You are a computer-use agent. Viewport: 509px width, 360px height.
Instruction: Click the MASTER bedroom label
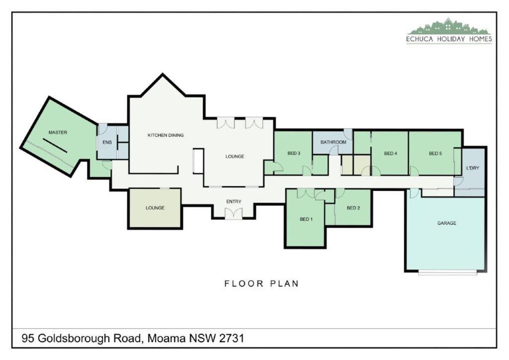click(58, 132)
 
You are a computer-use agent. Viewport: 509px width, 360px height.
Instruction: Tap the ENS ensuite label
click(107, 142)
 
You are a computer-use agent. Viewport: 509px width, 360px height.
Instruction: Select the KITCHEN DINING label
click(166, 135)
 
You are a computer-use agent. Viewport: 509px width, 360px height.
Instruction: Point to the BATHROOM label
click(334, 142)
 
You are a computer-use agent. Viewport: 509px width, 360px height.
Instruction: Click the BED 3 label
click(294, 153)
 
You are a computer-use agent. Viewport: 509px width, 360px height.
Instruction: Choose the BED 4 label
click(391, 153)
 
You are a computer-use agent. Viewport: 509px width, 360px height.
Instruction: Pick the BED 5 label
click(435, 153)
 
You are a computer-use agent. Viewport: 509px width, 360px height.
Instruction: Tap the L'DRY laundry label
click(473, 168)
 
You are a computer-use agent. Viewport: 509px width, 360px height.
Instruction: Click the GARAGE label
click(447, 223)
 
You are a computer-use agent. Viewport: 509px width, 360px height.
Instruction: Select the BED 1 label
click(306, 219)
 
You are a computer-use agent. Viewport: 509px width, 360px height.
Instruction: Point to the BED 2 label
click(353, 208)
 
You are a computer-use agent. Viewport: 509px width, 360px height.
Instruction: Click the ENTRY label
click(234, 201)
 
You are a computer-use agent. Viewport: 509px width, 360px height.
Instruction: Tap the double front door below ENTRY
click(234, 213)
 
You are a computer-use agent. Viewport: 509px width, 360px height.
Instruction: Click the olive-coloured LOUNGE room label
click(155, 208)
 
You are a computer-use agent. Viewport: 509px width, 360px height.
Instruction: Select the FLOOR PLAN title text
click(261, 284)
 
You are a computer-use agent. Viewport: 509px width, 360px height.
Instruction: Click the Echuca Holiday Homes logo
click(449, 30)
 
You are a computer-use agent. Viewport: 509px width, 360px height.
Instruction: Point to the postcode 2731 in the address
click(232, 338)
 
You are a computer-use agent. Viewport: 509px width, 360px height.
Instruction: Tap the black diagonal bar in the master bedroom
click(55, 145)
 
